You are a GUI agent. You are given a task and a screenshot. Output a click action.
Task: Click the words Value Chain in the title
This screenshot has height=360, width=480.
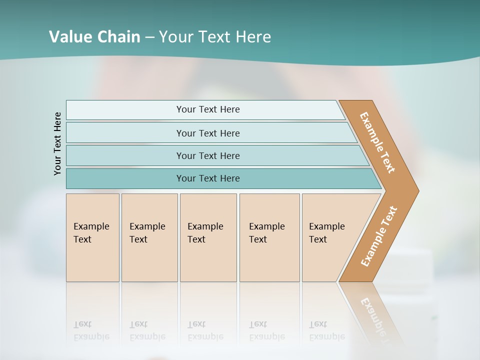[94, 36]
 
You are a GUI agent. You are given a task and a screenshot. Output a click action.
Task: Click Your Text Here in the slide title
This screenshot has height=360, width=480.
[215, 36]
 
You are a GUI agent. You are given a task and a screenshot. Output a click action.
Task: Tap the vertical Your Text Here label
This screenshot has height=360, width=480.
[57, 144]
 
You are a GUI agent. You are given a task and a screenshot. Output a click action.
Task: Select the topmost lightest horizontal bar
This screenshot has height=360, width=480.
[207, 109]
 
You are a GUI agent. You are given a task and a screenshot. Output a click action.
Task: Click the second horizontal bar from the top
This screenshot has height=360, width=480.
[207, 133]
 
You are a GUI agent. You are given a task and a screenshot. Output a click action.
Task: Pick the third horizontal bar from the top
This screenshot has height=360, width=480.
[207, 155]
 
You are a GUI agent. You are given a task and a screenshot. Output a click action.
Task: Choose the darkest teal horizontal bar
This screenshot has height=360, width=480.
[207, 178]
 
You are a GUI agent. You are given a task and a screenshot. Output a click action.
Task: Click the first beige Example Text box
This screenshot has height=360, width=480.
[92, 237]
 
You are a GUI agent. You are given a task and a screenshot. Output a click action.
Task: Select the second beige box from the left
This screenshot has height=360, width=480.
[149, 237]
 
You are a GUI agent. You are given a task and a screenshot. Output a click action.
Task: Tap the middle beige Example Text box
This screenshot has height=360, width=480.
[208, 237]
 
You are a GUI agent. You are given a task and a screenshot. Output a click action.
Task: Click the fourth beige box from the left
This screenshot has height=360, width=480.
[269, 237]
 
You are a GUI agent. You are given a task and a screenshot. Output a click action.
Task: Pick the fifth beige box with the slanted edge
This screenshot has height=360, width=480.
[330, 237]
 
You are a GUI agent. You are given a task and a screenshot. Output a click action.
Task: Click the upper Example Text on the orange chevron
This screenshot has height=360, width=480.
[377, 142]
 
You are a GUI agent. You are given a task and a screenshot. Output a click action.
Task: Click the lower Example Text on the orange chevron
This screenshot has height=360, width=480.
[378, 236]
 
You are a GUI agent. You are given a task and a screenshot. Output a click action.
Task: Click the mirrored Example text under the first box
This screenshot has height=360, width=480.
[91, 336]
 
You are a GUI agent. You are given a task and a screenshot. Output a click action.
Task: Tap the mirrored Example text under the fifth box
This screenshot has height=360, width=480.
[327, 336]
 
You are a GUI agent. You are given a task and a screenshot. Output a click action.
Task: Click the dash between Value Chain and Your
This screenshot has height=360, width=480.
[149, 37]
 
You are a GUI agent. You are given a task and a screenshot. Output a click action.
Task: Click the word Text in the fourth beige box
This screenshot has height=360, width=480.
[258, 239]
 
